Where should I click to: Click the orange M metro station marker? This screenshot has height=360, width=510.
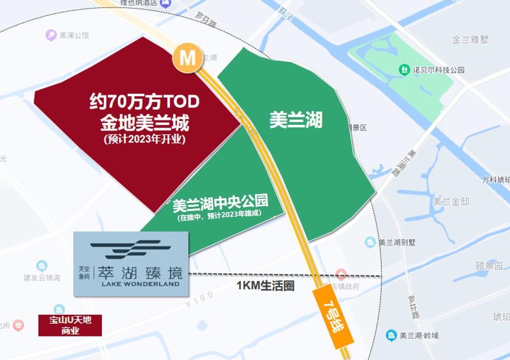click(x=187, y=58)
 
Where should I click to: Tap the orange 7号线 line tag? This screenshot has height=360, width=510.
click(x=333, y=317)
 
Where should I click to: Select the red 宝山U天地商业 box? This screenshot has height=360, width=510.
click(x=70, y=325)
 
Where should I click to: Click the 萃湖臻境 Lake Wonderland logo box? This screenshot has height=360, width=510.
click(x=131, y=264)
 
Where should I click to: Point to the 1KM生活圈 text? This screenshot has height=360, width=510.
click(x=265, y=286)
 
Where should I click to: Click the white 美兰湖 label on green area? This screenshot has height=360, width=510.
click(x=296, y=120)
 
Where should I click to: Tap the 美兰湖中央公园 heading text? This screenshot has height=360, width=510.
click(x=227, y=204)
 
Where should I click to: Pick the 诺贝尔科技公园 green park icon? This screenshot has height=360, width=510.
click(x=404, y=69)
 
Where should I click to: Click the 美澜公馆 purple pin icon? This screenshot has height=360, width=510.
click(x=51, y=35)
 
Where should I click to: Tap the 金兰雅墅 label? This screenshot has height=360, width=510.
click(x=471, y=39)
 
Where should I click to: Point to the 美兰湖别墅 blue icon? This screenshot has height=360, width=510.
click(x=370, y=242)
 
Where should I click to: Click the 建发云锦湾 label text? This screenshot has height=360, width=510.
click(x=42, y=278)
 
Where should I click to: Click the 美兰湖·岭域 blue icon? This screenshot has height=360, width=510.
click(x=391, y=335)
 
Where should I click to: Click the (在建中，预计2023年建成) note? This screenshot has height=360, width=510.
click(x=220, y=216)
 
